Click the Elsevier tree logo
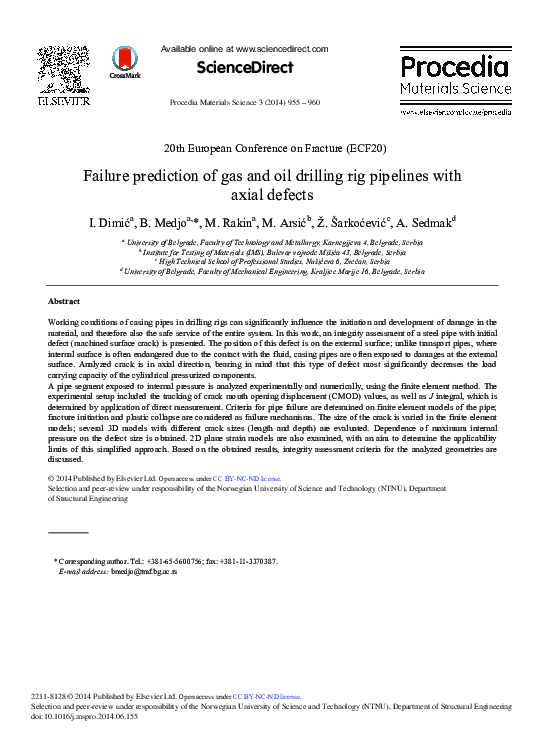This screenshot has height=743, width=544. coord(63,69)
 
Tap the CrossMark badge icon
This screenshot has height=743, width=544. coord(125,61)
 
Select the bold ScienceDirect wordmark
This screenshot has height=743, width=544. coord(244,68)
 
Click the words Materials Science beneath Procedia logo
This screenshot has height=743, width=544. coord(455,89)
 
